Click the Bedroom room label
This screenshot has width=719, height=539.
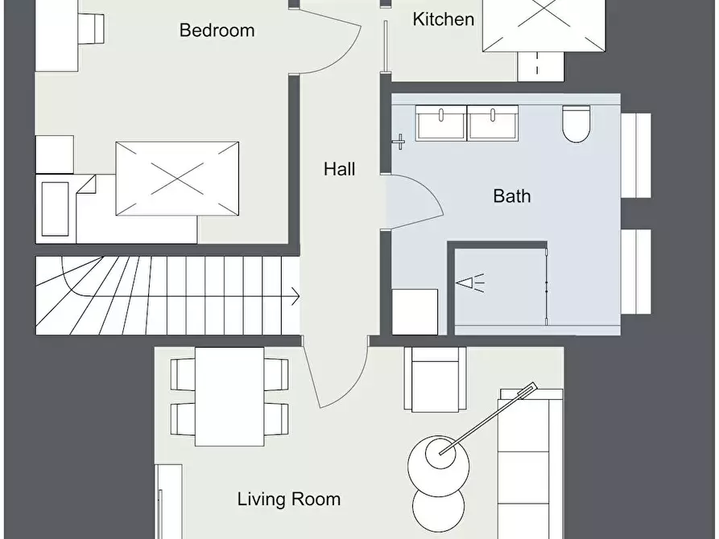[217, 31]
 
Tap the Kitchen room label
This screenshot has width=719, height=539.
[444, 19]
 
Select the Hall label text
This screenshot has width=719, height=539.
[339, 169]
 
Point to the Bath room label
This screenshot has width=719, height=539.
[512, 196]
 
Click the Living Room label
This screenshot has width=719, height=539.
[289, 499]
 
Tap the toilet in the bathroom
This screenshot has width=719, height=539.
[576, 124]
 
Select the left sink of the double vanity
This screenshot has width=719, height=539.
[441, 123]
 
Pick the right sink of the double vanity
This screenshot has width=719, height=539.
[493, 123]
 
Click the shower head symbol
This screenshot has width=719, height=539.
[470, 283]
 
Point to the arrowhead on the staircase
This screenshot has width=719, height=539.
[295, 297]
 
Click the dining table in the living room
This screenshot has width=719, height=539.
[229, 397]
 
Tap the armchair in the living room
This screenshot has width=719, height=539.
[435, 379]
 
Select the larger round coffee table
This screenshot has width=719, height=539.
[438, 466]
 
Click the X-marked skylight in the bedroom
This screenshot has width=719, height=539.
[177, 179]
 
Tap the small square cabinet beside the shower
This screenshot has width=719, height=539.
[415, 311]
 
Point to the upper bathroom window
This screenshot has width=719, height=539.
[636, 155]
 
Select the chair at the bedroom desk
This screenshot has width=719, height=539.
[91, 28]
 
